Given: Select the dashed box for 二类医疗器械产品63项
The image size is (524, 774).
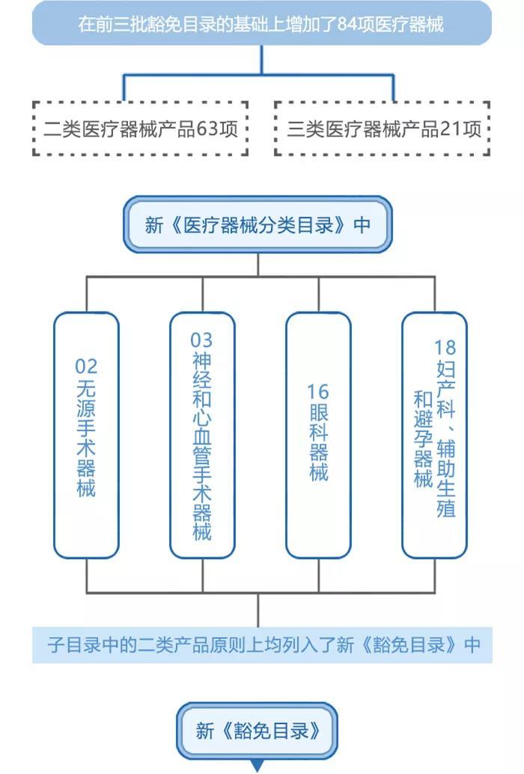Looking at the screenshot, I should [141, 128].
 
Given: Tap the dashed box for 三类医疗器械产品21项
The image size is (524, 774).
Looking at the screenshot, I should [383, 128].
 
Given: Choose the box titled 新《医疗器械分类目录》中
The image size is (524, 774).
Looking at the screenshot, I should [258, 225].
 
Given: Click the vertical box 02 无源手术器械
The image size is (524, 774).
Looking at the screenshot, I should [86, 435].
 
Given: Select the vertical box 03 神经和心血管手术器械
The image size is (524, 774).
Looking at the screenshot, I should [202, 435].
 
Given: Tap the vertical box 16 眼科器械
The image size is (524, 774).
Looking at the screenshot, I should [318, 435].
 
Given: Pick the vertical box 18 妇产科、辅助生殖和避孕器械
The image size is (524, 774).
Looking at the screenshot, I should [434, 435].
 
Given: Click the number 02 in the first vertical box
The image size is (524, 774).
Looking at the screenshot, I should [86, 366].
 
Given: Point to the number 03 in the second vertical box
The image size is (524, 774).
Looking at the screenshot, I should [202, 341].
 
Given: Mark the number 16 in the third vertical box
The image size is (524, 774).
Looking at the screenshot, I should [318, 391].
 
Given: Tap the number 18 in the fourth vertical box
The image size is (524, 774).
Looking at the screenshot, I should [445, 347].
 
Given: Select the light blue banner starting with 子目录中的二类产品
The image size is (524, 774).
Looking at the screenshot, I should [262, 644].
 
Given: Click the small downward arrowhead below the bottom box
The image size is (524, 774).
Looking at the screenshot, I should [258, 767].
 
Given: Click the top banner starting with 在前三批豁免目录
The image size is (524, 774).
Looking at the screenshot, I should [262, 24].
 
